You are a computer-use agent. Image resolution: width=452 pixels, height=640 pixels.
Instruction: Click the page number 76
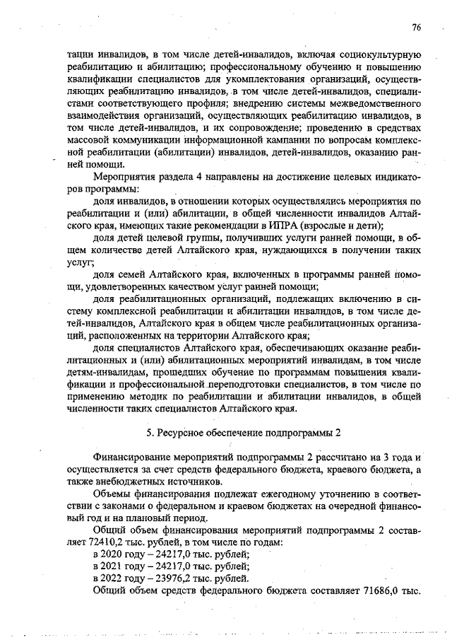coord(416,28)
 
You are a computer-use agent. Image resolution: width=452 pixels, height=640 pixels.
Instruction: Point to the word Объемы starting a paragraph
coord(112,492)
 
